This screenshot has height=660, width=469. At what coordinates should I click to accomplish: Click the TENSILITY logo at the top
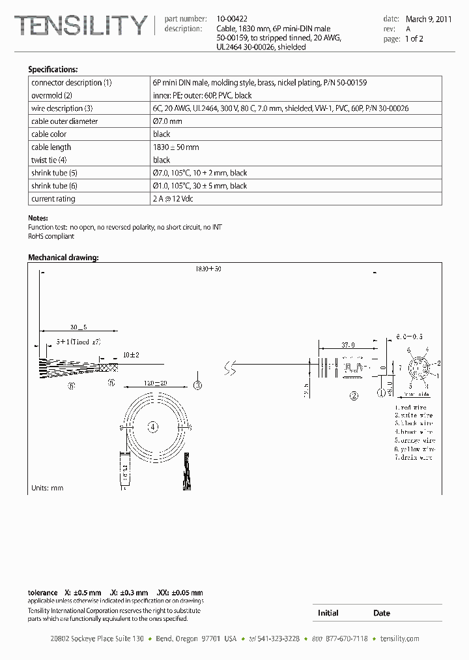coord(81,25)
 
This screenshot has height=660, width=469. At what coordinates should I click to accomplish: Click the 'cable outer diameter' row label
coord(64,121)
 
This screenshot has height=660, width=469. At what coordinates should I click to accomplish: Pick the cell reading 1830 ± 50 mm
coord(176,147)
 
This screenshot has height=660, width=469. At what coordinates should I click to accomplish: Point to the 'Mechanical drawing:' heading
coord(63,258)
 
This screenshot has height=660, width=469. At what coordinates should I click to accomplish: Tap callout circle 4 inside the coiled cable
coord(153,427)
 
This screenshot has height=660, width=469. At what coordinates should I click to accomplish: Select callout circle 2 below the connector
coord(354,395)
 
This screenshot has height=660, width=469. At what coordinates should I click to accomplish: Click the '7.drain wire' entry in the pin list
coord(414,458)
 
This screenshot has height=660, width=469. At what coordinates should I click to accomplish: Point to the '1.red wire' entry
coord(410,407)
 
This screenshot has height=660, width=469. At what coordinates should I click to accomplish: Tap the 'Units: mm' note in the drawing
coord(48,488)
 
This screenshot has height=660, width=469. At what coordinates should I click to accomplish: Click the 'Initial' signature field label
coord(328,613)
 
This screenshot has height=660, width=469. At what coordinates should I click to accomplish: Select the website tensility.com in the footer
coord(399,639)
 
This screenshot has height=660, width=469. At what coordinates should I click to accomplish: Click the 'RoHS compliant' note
coord(51,236)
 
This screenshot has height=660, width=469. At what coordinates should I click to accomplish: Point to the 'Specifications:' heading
coord(53,69)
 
